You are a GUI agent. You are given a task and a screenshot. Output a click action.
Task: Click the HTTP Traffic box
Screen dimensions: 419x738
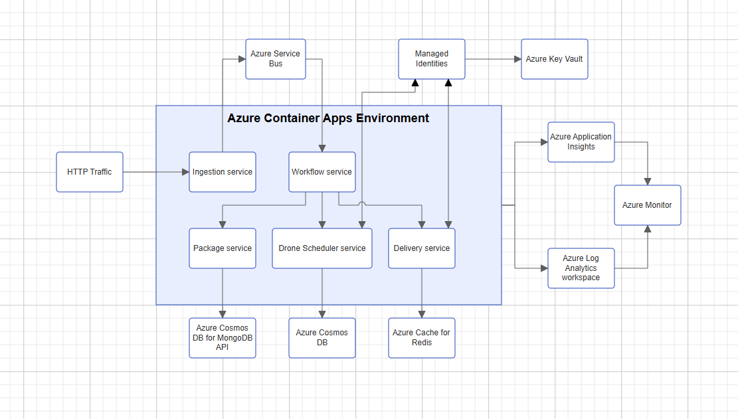(x=90, y=172)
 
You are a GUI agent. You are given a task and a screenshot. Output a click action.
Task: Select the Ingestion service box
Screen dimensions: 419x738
(x=223, y=172)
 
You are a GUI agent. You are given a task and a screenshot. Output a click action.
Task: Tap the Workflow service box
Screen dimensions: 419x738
(x=322, y=172)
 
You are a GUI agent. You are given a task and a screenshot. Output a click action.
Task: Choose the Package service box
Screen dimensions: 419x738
(x=223, y=248)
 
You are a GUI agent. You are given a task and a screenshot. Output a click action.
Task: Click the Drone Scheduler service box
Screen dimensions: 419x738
(x=322, y=248)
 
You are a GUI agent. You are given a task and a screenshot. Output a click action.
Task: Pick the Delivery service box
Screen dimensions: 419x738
(x=422, y=248)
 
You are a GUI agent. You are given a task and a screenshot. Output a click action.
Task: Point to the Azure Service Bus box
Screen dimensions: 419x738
(x=276, y=59)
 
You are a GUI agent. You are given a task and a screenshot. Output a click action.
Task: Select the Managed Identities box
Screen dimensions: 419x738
(x=432, y=59)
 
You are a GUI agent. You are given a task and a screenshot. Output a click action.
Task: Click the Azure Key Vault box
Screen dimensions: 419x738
(x=555, y=59)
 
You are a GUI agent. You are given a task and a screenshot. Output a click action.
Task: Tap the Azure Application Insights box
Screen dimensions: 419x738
(x=581, y=142)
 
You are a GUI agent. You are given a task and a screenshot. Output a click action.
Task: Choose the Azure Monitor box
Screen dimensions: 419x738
(x=648, y=205)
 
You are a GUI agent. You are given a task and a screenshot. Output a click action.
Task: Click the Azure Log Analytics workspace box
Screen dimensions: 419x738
(x=581, y=268)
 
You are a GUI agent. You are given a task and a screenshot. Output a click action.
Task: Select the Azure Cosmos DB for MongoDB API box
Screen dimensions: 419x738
(x=223, y=338)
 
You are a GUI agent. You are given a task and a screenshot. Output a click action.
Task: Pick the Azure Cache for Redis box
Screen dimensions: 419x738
(x=422, y=338)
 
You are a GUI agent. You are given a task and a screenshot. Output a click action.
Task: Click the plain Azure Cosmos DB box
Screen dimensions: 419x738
(x=322, y=338)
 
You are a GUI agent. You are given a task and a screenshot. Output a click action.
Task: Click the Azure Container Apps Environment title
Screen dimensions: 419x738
(x=328, y=118)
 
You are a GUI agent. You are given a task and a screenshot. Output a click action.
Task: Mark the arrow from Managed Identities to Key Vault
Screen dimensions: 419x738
(x=493, y=59)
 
